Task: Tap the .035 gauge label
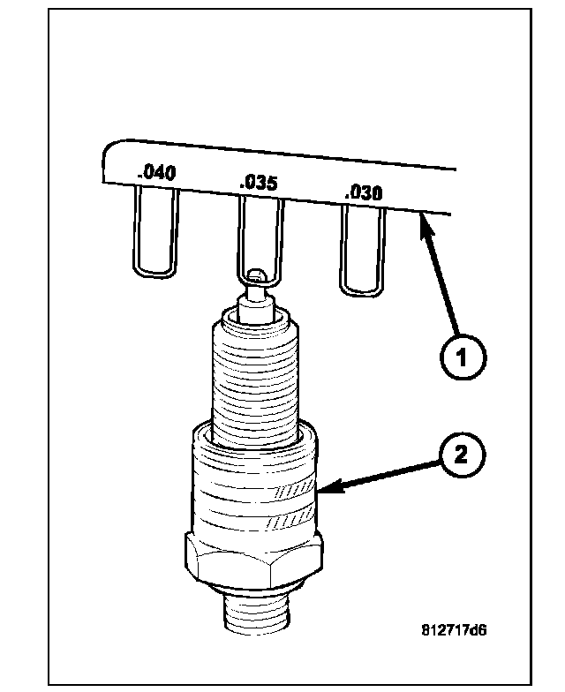tap(259, 183)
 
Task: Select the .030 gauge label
tap(362, 192)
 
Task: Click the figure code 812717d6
tap(454, 630)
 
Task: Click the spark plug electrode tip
tap(256, 277)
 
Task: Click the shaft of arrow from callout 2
tap(380, 473)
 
